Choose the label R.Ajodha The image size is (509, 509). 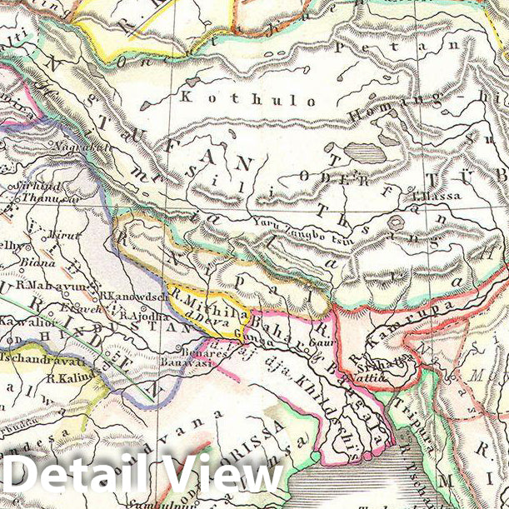143,316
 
